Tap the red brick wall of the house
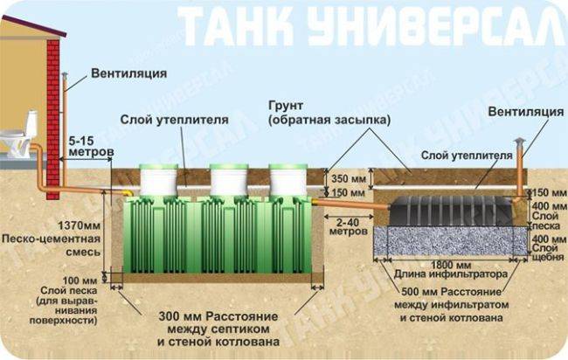point(53,119)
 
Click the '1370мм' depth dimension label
point(80,225)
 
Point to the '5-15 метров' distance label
point(91,146)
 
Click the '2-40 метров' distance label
point(349,226)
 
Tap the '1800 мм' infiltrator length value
point(450,265)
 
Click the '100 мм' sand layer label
point(80,280)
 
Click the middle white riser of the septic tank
point(229,180)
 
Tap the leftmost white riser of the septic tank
point(159,180)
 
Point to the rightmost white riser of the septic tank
point(288,180)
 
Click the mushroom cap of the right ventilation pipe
point(519,142)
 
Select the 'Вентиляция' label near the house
point(129,73)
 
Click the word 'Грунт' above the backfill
point(286,106)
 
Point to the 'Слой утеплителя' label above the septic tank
point(174,119)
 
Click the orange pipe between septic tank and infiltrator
point(350,204)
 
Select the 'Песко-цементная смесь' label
point(51,246)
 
